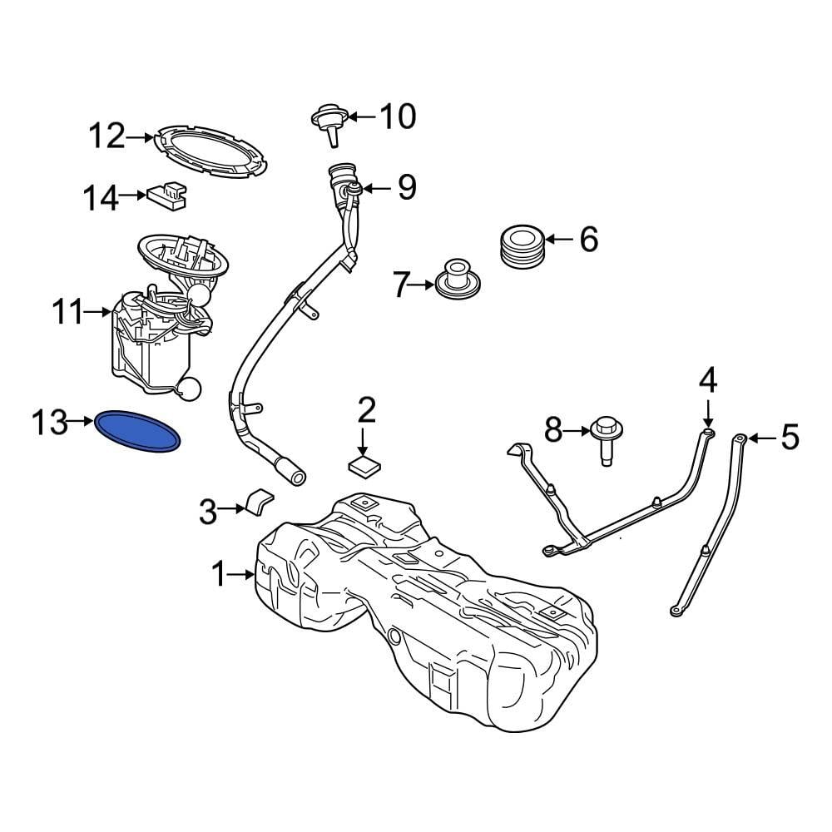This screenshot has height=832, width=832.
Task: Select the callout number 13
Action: [x=49, y=422]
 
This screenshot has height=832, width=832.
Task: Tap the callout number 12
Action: [x=106, y=135]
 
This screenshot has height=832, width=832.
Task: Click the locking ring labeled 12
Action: [x=211, y=150]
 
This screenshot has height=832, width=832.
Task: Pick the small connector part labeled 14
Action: [x=167, y=195]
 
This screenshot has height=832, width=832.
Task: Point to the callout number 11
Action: [x=67, y=313]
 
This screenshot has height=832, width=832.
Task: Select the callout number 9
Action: [x=406, y=188]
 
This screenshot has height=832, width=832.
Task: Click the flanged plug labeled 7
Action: [x=456, y=280]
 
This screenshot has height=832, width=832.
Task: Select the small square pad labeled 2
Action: [x=363, y=466]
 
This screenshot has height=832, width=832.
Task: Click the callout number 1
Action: [x=219, y=573]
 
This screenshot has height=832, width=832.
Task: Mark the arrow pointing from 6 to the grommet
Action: [x=560, y=240]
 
